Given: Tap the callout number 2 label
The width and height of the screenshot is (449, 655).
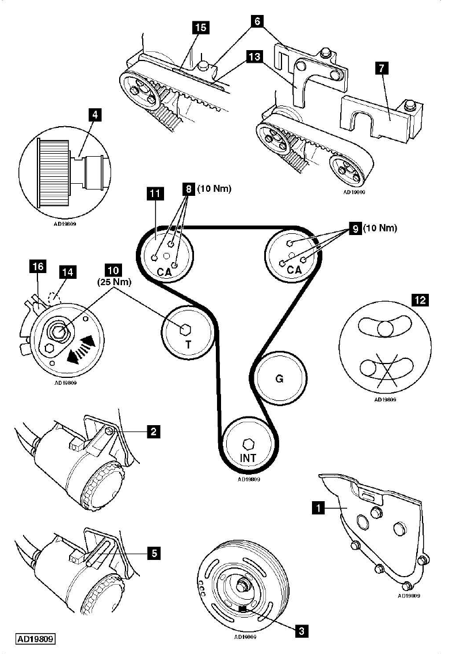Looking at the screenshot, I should pos(152,430).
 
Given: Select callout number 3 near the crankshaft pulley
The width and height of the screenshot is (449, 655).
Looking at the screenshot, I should pos(300,631).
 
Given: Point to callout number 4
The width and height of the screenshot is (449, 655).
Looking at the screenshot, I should pos(96,114).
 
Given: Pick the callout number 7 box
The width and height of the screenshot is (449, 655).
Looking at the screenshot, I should pos(380,67).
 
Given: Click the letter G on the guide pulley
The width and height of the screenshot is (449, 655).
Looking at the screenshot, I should pos(279,380).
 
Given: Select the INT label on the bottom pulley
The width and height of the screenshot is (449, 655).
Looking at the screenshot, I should pos(249,459).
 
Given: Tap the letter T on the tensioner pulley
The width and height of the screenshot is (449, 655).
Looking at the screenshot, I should pos(188,345).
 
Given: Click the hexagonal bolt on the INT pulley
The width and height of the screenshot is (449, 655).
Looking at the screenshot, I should pos(249,444).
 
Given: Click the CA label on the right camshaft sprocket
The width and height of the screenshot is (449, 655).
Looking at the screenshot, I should pos(294,269).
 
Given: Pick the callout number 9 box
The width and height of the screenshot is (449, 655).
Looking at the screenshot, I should pos(355,229).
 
